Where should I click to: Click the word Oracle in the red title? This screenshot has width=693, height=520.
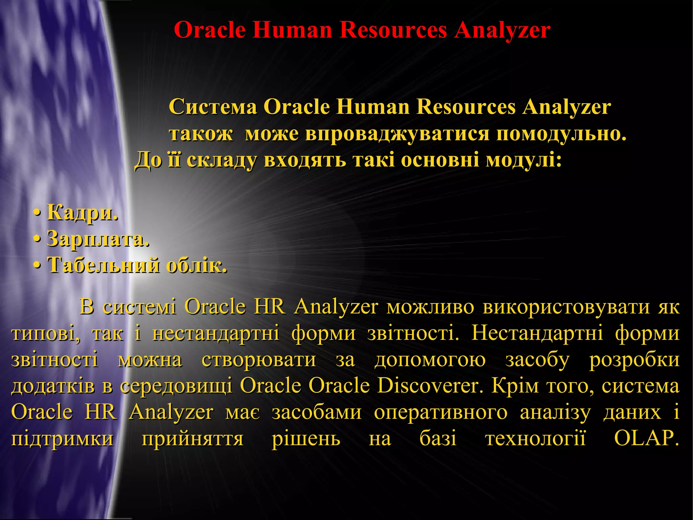(x=209, y=30)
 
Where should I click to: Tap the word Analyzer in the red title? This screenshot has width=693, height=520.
(x=502, y=30)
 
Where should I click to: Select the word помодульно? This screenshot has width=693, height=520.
(x=561, y=134)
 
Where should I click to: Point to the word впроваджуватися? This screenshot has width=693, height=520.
(x=397, y=134)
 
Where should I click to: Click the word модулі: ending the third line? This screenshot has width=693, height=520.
(x=524, y=160)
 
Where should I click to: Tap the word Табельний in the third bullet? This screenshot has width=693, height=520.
(x=104, y=265)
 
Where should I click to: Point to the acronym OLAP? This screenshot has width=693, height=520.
(x=646, y=439)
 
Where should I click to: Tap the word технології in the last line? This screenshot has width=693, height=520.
(x=536, y=439)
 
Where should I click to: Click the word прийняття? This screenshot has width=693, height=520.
(x=193, y=439)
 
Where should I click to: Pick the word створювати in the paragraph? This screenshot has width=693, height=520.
(x=259, y=360)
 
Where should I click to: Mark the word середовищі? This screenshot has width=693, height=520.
(x=176, y=386)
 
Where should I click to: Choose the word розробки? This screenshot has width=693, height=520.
(x=634, y=360)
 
